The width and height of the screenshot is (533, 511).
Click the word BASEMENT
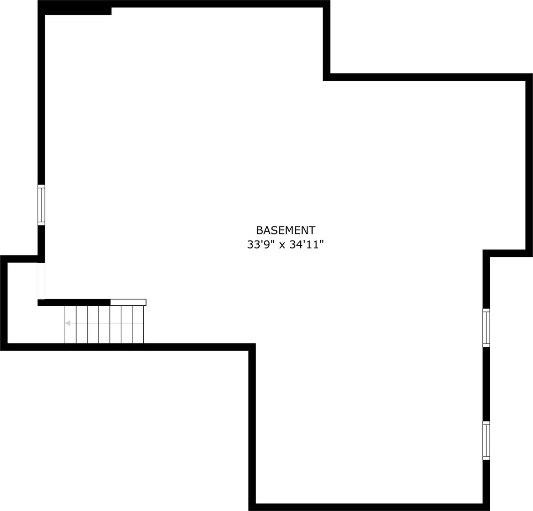(286, 230)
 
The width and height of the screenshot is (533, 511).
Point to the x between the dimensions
(282, 246)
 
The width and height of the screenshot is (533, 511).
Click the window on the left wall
(41, 205)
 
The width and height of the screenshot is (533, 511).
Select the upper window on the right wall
(486, 328)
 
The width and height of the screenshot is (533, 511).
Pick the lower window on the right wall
(486, 441)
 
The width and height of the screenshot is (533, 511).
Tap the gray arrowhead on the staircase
(68, 323)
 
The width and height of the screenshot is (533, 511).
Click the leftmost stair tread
(70, 325)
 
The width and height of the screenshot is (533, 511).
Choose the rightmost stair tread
(138, 325)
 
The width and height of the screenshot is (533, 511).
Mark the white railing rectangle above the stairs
(128, 302)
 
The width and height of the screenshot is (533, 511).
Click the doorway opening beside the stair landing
(41, 281)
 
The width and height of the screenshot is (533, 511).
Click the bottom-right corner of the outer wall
(486, 507)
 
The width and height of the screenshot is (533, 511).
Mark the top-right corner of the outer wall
(529, 77)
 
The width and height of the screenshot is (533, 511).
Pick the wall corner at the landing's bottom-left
(4, 347)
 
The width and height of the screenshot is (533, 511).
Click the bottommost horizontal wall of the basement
(369, 507)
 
